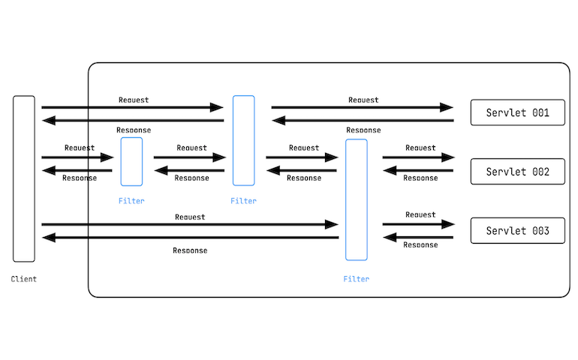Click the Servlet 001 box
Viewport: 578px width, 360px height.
tap(517, 112)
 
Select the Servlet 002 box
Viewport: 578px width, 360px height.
tap(517, 171)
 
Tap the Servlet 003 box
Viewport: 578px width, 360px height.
tap(517, 230)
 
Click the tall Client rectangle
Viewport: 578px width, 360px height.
tap(24, 178)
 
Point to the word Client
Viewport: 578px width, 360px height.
tap(24, 279)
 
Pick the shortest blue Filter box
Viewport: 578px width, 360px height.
tap(131, 161)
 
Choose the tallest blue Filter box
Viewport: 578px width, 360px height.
tap(357, 199)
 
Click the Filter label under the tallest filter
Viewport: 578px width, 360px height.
tap(357, 279)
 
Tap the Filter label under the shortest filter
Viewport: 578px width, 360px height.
tap(131, 201)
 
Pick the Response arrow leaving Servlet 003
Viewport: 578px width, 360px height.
tap(418, 238)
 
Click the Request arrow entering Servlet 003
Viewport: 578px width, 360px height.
tap(418, 224)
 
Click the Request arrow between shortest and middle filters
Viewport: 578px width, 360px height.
tap(190, 157)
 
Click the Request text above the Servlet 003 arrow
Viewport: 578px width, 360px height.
tap(420, 214)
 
